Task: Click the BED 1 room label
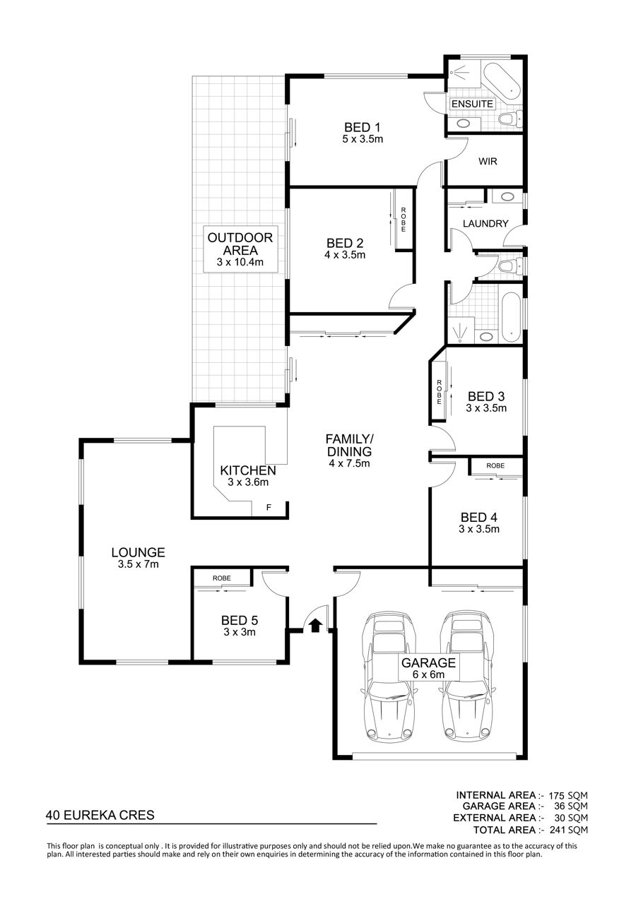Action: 362,128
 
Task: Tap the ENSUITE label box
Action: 472,104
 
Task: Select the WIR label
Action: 488,161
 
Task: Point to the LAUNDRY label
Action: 485,224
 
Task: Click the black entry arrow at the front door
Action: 316,625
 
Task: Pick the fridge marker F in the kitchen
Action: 269,508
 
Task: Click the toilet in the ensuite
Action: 510,118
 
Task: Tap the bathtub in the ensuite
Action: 501,83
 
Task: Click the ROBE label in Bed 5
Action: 222,578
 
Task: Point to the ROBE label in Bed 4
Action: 495,466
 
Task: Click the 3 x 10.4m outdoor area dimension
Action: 240,263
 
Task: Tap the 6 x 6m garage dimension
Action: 428,674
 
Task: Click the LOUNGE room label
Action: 138,553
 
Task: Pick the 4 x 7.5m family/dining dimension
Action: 349,463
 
